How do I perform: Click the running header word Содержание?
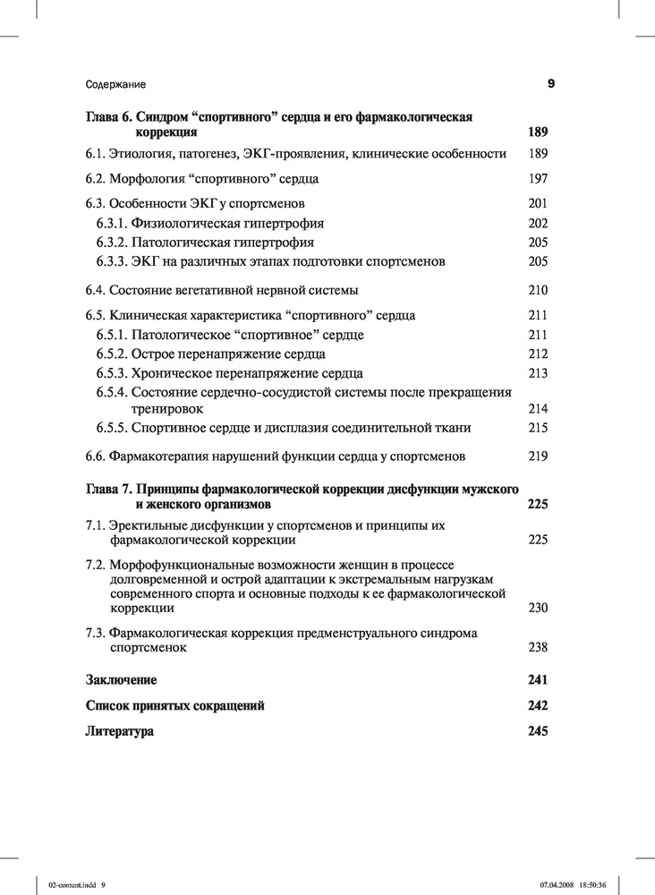pos(115,84)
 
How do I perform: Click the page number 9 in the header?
pos(551,84)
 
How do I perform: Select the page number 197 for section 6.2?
pos(538,178)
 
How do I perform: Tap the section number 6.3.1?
pos(112,223)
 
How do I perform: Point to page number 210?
pos(538,290)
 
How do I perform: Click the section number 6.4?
pos(95,290)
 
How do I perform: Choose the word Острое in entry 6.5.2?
pos(153,354)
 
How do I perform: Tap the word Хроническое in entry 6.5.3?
pos(168,373)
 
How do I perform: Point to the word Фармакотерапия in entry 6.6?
pos(157,456)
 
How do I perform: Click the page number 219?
pos(538,456)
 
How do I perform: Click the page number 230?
pos(538,609)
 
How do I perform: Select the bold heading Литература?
pos(120,731)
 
